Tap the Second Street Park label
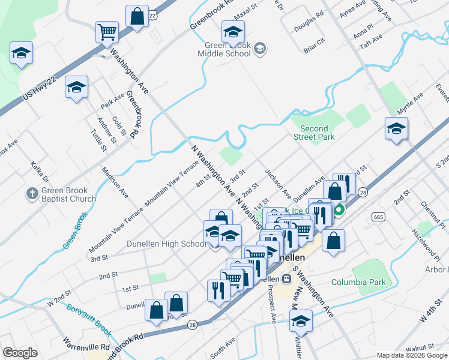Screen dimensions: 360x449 (314, 133)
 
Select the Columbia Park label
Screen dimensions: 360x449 (358, 282)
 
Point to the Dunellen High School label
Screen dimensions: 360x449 (166, 244)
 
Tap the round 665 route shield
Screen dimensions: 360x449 (378, 217)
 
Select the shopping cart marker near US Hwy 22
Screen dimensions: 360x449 (107, 31)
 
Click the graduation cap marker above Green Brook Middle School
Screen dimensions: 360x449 (233, 31)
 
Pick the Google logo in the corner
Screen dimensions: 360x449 (20, 353)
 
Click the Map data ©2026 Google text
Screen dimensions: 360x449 (411, 355)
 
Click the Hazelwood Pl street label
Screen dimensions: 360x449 (426, 238)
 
